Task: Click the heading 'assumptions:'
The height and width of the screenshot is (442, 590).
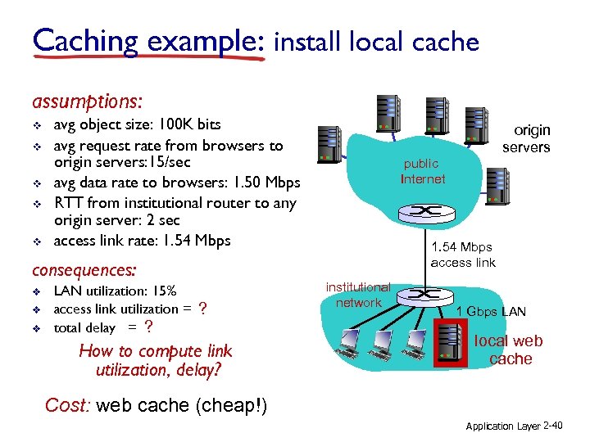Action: tap(87, 102)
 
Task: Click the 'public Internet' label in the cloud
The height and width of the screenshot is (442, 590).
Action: tap(422, 171)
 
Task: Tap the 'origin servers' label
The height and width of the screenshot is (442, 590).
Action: tap(526, 138)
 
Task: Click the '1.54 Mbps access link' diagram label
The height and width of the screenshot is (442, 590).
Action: tap(463, 255)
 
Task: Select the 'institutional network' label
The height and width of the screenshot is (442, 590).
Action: tap(358, 295)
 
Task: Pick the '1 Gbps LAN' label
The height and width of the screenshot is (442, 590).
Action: tap(491, 311)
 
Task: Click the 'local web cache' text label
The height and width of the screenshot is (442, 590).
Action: tap(509, 350)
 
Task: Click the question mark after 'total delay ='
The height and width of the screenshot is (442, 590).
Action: tap(147, 327)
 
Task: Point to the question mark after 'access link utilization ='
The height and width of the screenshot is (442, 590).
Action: tap(202, 309)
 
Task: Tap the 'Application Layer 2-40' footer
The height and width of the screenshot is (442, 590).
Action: tap(513, 426)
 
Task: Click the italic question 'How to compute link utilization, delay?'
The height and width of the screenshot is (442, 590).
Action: tap(155, 360)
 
